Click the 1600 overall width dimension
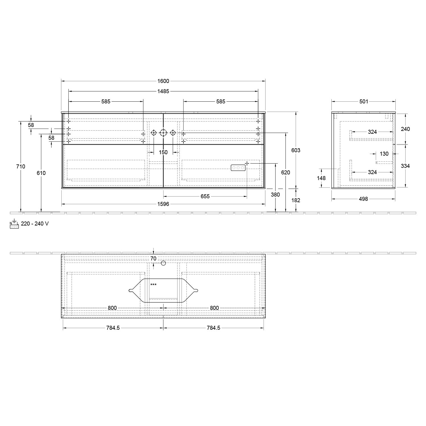click(163, 81)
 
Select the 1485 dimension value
click(163, 91)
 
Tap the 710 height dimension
click(21, 167)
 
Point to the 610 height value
click(41, 173)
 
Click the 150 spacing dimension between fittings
click(163, 153)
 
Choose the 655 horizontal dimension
click(205, 196)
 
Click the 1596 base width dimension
click(163, 204)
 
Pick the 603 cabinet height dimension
click(296, 150)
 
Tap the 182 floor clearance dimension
click(296, 200)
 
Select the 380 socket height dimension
click(275, 195)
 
